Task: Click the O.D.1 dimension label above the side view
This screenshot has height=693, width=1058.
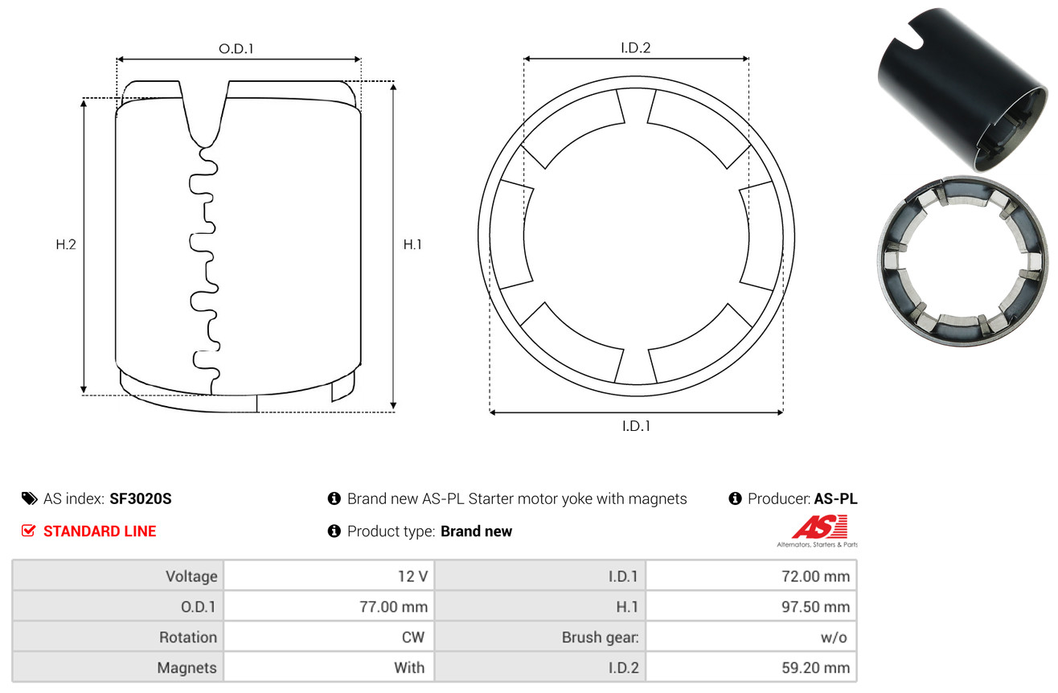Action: pyautogui.click(x=236, y=49)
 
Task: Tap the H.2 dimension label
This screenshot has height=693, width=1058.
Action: pyautogui.click(x=66, y=244)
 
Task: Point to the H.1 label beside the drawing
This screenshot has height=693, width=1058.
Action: pyautogui.click(x=412, y=244)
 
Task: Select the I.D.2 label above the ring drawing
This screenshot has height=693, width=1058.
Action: pyautogui.click(x=635, y=47)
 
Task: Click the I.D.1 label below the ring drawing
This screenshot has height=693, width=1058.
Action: pyautogui.click(x=636, y=426)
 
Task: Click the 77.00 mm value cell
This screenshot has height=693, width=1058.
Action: pyautogui.click(x=393, y=606)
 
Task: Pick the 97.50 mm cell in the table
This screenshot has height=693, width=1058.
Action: pyautogui.click(x=816, y=606)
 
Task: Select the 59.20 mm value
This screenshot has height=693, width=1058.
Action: pyautogui.click(x=816, y=667)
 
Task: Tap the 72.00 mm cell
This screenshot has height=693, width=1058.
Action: pyautogui.click(x=816, y=576)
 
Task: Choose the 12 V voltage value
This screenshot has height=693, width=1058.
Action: pyautogui.click(x=412, y=576)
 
